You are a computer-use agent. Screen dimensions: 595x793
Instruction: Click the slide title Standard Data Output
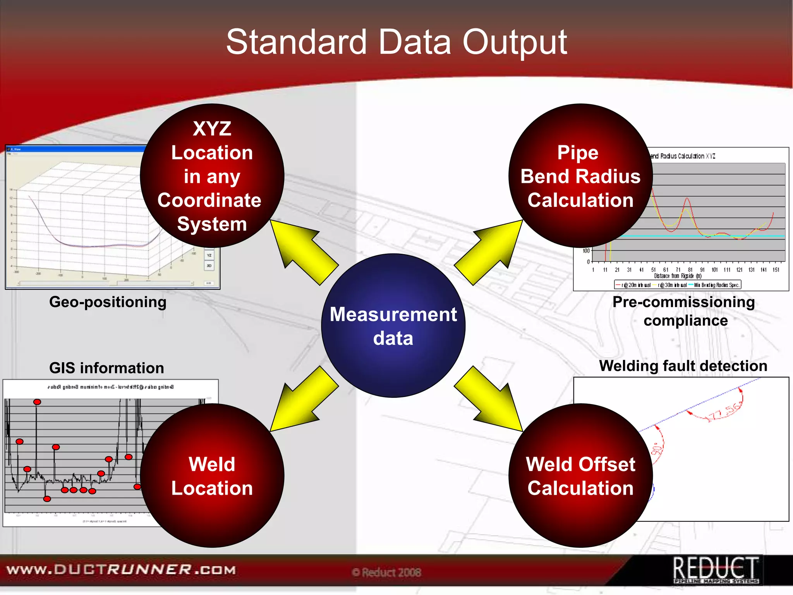396,42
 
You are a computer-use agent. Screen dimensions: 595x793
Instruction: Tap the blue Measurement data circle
393,325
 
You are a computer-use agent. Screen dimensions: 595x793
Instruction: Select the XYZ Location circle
212,176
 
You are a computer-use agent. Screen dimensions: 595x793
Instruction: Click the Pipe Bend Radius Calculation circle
580,176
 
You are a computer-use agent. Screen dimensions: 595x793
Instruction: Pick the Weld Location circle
212,476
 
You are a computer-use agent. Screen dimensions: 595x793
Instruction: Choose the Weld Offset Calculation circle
580,476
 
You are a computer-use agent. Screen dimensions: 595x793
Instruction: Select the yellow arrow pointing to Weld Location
304,399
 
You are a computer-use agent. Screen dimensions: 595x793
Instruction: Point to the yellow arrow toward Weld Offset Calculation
489,399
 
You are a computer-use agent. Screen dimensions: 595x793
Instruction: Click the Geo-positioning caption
108,302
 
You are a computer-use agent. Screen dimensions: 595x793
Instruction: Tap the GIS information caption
106,368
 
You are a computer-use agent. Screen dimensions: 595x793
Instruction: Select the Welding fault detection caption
683,366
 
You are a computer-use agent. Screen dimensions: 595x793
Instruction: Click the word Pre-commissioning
683,302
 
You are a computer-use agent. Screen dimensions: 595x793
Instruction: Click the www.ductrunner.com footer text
121,570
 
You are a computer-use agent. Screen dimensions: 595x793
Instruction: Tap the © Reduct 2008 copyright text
386,573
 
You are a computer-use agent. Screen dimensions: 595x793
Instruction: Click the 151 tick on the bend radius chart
776,270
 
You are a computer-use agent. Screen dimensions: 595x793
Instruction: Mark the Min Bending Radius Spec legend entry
716,285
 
